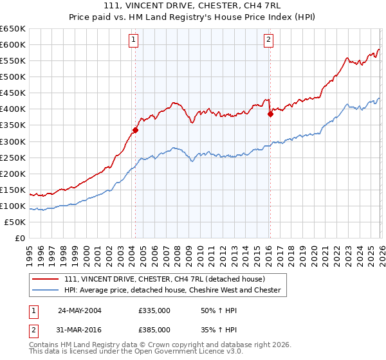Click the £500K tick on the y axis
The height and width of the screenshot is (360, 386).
tap(13, 76)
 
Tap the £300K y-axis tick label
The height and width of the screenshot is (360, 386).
tap(13, 141)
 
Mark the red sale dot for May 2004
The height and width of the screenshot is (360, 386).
tap(135, 130)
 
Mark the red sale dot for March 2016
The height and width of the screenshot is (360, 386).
tap(270, 114)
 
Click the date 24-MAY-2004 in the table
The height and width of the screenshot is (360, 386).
tap(80, 310)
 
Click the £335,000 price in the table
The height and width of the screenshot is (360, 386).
tap(154, 310)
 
